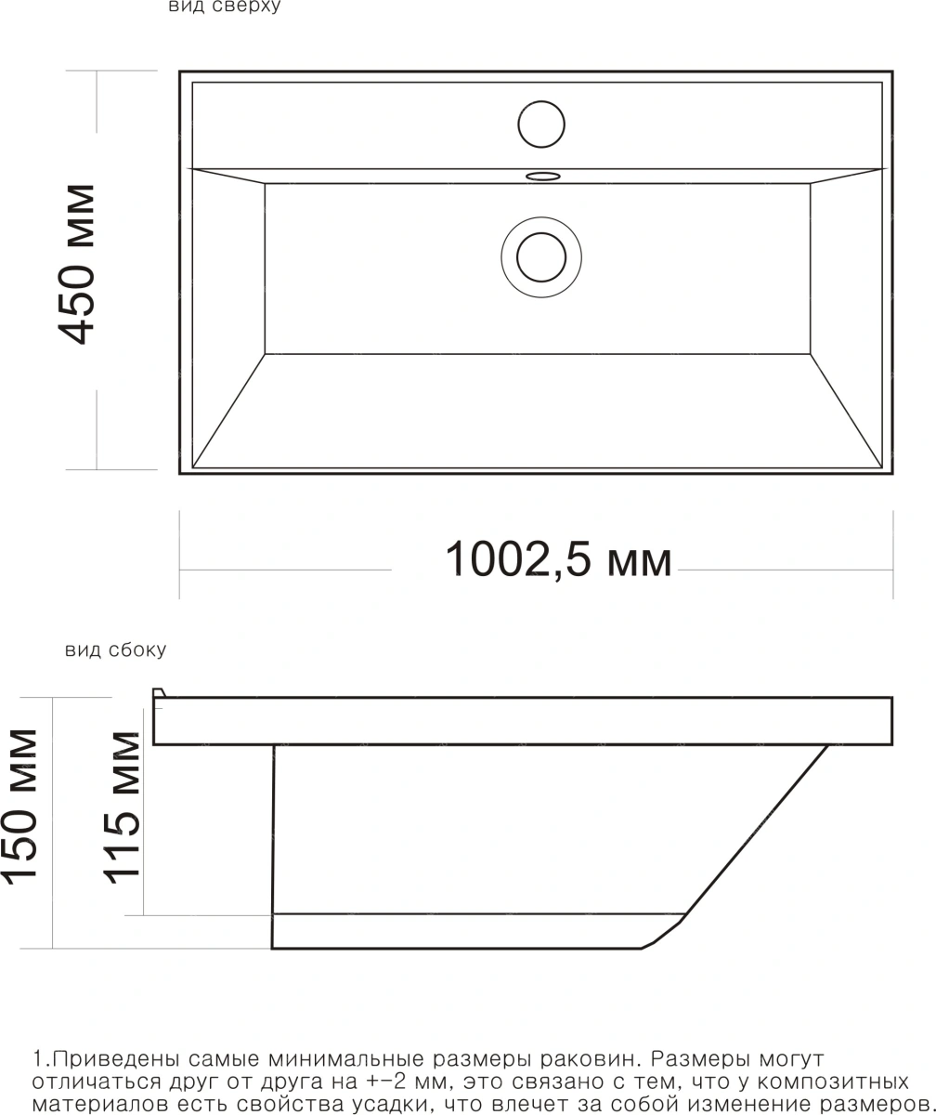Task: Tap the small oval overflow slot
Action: click(542, 176)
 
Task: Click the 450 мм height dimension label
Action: click(77, 264)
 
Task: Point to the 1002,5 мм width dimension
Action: click(558, 559)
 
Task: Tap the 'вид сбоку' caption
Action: click(116, 650)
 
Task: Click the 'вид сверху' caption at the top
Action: click(225, 7)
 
